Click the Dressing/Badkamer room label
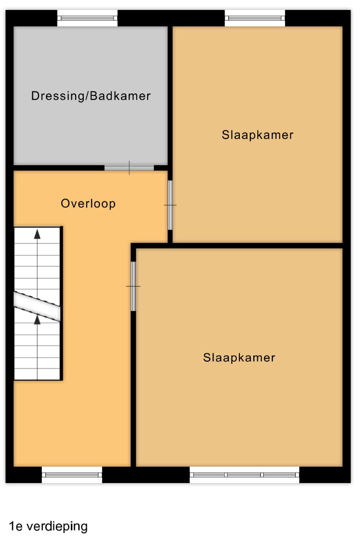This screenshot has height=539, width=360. click(x=91, y=96)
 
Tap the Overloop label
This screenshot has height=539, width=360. click(x=88, y=204)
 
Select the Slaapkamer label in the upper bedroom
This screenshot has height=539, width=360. click(x=258, y=135)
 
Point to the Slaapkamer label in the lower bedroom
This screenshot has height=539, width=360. click(x=239, y=357)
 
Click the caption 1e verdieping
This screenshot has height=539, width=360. click(x=48, y=527)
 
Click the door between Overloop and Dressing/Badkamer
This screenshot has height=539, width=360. click(x=129, y=168)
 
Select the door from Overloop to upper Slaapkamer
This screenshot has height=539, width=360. click(x=170, y=205)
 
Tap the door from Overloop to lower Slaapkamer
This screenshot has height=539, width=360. click(x=133, y=286)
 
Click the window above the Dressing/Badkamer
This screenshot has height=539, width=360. click(x=87, y=18)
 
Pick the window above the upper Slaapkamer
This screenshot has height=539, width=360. click(x=255, y=18)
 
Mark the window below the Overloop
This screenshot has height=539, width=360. click(x=72, y=475)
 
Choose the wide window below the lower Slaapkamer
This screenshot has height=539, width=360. click(x=245, y=475)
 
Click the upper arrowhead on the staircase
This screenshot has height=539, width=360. click(x=37, y=234)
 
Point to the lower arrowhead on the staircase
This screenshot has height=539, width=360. click(x=37, y=320)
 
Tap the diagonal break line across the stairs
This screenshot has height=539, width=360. click(x=37, y=306)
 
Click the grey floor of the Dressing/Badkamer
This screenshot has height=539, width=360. click(x=91, y=131)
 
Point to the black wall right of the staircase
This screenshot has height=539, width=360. click(x=61, y=303)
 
